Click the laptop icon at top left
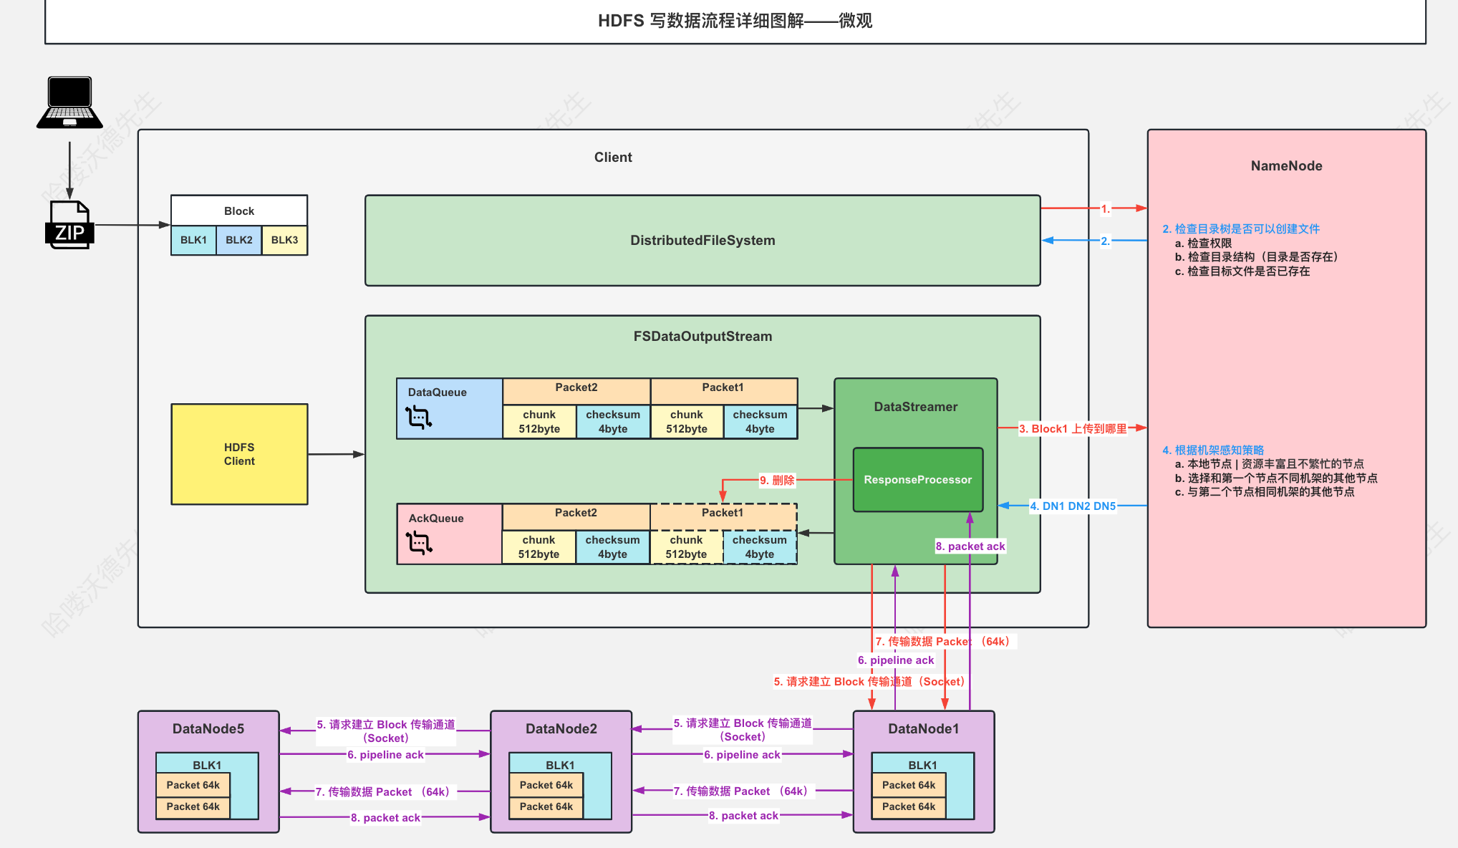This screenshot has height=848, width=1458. coord(69,102)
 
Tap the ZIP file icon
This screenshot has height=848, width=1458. coord(69,225)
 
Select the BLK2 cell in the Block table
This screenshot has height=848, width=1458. coord(239,240)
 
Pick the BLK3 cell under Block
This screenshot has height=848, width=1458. coord(284,240)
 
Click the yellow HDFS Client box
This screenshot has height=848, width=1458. coord(239,454)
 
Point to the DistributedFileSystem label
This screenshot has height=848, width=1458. coord(703,241)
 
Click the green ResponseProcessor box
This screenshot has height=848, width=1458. coord(917,480)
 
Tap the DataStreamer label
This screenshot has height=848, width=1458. coord(915,407)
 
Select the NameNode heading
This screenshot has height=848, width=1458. coord(1286,166)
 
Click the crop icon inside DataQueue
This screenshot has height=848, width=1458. coord(418,417)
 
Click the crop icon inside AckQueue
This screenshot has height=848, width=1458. coord(419,542)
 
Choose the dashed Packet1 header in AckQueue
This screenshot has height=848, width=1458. coord(723,513)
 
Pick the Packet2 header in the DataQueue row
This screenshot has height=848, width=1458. coord(576,387)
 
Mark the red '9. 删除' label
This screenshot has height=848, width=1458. coord(777,480)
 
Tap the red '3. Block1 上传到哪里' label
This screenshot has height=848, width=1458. coord(1073,428)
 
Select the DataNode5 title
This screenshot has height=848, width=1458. coord(208,729)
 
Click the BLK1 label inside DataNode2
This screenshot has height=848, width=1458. coord(560,765)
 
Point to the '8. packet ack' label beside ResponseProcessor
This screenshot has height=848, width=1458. coord(970,546)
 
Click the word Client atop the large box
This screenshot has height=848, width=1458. coord(613,158)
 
